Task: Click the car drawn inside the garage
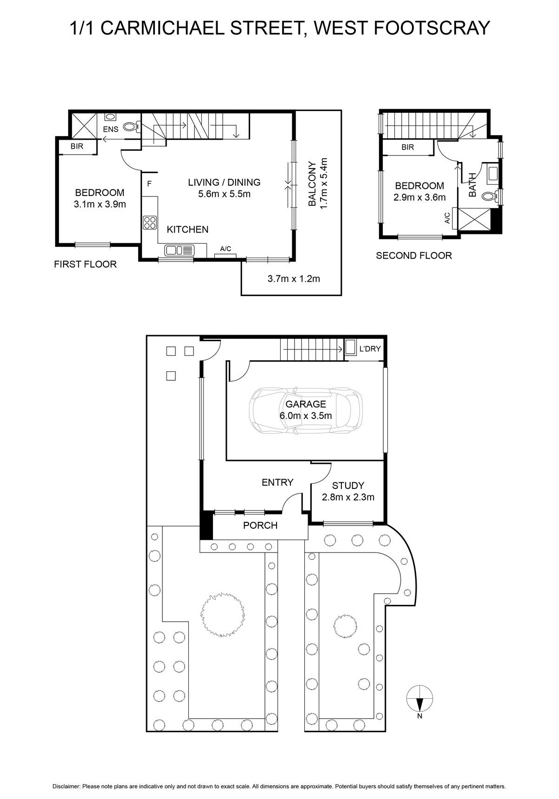coord(306,410)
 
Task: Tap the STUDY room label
coord(348,486)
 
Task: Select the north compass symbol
coord(419,700)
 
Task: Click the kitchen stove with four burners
coord(150,222)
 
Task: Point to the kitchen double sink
coord(179,251)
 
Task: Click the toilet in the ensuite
coord(131,126)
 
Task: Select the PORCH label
coord(260,526)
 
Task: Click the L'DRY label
coord(370,349)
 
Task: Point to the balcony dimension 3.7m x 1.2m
coord(294,279)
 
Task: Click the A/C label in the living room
coord(225,249)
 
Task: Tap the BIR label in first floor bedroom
coord(77,146)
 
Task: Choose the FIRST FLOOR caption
coord(85,264)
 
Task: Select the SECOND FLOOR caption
coord(413,255)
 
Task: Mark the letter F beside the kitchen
coord(149,184)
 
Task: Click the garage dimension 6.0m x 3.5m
coord(306,416)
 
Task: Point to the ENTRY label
coord(277,482)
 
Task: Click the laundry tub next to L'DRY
coord(350,347)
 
